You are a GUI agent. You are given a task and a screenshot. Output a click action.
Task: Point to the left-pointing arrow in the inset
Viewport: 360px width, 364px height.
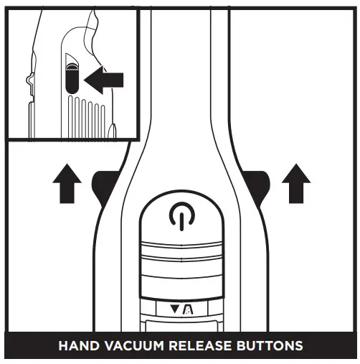click(103, 80)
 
